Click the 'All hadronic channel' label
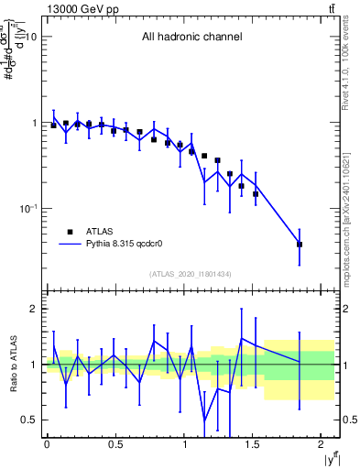click(191, 38)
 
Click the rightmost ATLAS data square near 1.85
click(300, 245)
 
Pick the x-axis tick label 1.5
click(254, 444)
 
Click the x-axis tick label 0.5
click(115, 444)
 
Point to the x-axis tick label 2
click(323, 444)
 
